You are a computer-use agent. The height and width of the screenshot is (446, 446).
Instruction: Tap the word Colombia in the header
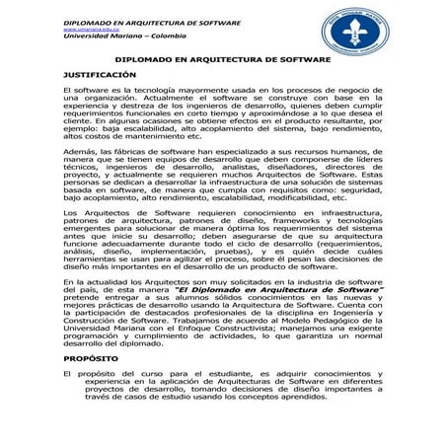[x=151, y=37]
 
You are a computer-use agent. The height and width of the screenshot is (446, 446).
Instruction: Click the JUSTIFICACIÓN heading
[x=99, y=75]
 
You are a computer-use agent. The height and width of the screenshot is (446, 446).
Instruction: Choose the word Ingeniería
[x=358, y=313]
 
